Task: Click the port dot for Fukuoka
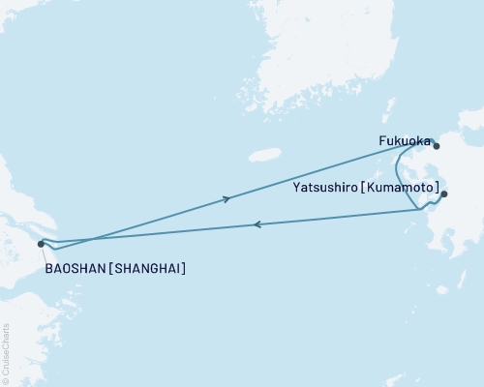(x=437, y=147)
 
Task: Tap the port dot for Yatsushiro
(x=444, y=194)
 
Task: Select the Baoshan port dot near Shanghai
(x=41, y=245)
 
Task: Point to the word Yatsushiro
(x=323, y=190)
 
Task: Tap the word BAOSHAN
(x=76, y=268)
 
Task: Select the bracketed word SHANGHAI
(x=146, y=268)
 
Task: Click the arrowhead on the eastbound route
(x=227, y=199)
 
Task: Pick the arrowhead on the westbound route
(x=257, y=224)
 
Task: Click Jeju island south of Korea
(x=264, y=155)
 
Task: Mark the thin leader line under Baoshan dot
(x=45, y=253)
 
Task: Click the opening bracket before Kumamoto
(x=363, y=190)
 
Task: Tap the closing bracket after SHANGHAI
(x=184, y=268)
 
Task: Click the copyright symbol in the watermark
(x=6, y=380)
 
